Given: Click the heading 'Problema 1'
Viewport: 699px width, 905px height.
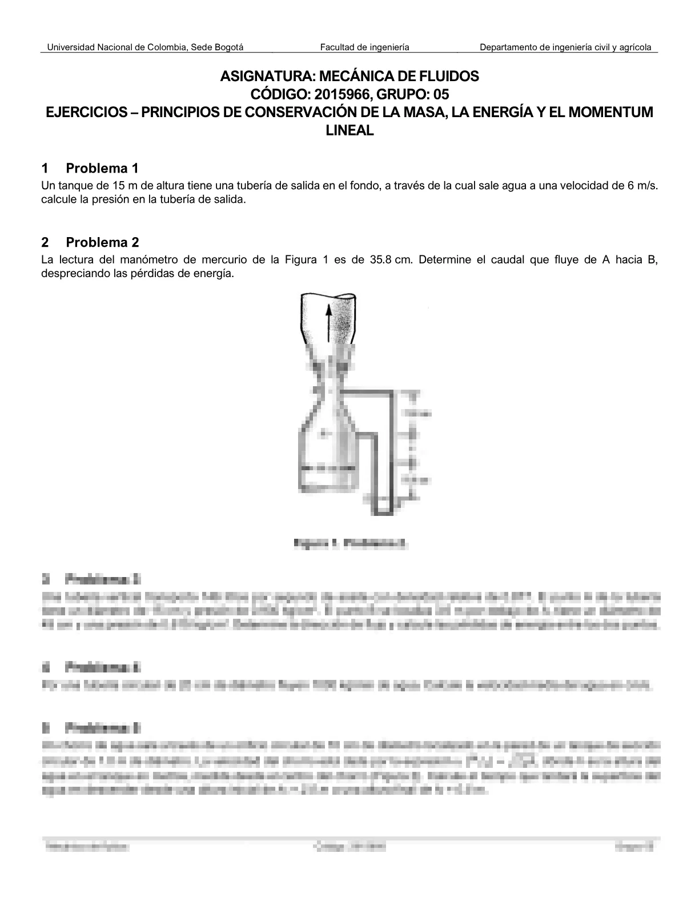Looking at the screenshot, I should point(102,168).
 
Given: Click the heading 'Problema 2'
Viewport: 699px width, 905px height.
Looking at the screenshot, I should point(102,242).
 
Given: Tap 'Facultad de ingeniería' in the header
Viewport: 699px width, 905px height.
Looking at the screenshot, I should point(364,47).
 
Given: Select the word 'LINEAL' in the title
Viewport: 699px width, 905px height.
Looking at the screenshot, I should point(349,130).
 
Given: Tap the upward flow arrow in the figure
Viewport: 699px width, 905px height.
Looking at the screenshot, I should point(329,323).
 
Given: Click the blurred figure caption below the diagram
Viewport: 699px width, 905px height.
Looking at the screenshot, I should point(349,543).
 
